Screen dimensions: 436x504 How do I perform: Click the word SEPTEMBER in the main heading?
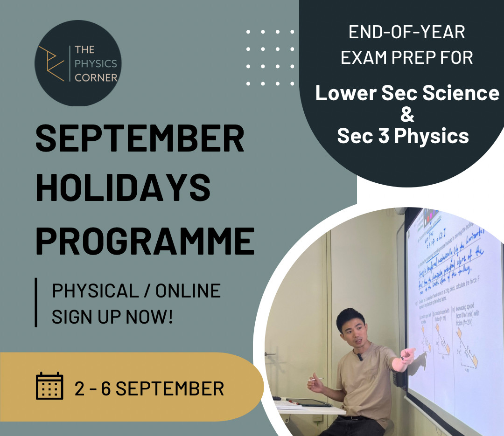coord(140,139)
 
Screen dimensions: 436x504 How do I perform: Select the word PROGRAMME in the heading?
coord(145,241)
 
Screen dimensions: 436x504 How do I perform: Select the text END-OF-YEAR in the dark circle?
coord(406,33)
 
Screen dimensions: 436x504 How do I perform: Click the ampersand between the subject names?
coord(407,114)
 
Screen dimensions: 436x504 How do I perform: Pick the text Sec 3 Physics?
coord(403,136)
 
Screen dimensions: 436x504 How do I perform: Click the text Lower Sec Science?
coord(407,93)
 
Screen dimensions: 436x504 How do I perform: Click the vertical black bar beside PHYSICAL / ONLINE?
coord(36,302)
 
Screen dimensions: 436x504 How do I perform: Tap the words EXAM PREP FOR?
coord(406,57)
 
